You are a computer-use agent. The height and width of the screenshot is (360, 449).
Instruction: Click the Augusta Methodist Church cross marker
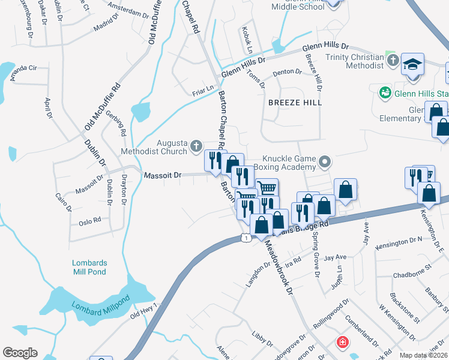pos(196,146)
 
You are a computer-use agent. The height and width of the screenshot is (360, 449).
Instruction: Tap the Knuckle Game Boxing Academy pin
pos(325,161)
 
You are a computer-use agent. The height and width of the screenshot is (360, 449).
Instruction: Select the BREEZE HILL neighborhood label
pos(295,103)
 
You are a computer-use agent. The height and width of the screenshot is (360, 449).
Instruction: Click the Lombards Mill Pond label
pos(89,267)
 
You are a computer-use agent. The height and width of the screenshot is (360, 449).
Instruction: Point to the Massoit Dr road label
pos(162,175)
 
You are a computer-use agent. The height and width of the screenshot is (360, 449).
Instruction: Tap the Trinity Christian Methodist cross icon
pos(393,61)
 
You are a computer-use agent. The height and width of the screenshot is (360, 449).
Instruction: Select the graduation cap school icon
pos(412,64)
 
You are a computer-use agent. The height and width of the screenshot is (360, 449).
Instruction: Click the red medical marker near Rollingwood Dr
pos(342,343)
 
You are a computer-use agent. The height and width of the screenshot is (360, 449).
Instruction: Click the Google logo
pos(20,353)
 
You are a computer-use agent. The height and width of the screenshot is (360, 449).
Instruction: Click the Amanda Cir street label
pos(23,70)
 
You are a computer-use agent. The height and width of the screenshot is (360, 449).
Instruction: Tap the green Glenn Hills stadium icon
pos(384,93)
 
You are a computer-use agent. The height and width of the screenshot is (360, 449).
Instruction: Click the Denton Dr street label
pos(287,72)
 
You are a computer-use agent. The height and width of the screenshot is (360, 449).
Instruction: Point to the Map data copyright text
pos(424,355)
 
